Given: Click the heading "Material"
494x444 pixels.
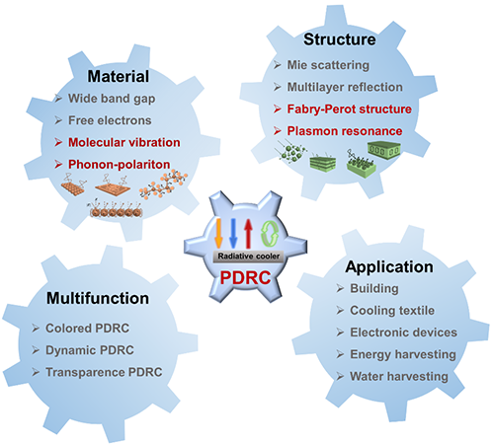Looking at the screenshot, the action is [x=119, y=76].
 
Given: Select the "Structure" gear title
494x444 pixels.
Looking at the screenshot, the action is [x=340, y=39].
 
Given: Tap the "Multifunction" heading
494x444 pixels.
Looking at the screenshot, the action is [x=98, y=298].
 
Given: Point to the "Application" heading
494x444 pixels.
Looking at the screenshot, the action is [x=389, y=266].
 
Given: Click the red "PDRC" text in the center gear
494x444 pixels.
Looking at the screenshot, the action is [x=245, y=277].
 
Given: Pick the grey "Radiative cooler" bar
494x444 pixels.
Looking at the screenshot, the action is [x=249, y=257].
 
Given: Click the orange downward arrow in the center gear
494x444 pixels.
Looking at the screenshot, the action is [x=218, y=233].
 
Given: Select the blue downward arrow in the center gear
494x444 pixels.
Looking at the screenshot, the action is [x=233, y=233].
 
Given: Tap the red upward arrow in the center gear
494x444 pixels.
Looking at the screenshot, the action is [x=248, y=234].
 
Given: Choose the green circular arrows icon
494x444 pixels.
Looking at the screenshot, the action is [x=270, y=233].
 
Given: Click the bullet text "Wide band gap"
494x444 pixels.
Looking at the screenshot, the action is [x=112, y=99].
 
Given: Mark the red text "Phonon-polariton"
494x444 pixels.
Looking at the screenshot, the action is [x=120, y=165].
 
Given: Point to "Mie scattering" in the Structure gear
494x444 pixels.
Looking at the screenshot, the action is [x=328, y=65].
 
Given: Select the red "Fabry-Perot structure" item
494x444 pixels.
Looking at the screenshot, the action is [x=350, y=110].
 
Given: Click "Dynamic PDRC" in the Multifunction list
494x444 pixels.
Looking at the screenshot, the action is [x=90, y=350].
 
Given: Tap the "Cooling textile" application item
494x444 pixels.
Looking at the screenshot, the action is [x=392, y=311].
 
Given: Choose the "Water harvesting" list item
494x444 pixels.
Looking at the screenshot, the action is [x=399, y=377].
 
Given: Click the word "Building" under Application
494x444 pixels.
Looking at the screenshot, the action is [x=374, y=289].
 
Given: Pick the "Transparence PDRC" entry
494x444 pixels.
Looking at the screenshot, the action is [x=104, y=372].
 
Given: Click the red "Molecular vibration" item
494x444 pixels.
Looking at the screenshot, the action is [x=124, y=142].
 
